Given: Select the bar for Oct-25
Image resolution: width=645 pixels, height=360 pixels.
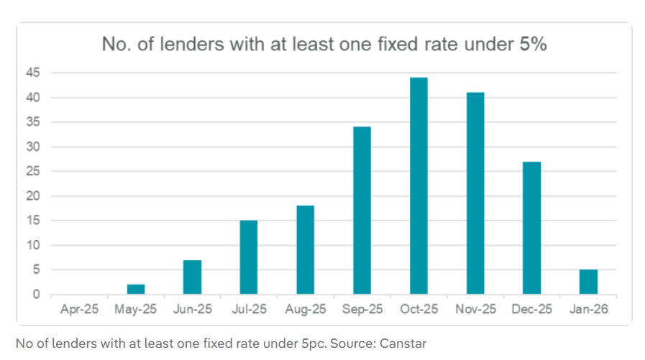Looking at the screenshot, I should (x=418, y=186).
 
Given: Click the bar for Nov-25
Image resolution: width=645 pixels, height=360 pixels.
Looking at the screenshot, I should (x=475, y=193).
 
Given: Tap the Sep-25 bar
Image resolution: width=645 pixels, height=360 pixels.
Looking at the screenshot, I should (x=362, y=211).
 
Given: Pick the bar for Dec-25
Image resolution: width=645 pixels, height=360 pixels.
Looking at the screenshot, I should (x=531, y=228).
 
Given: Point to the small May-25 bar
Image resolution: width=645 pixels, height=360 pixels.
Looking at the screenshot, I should (x=136, y=289).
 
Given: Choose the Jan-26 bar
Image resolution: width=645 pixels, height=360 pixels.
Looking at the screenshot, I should (x=588, y=282).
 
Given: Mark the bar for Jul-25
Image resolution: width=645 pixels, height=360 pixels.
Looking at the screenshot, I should (x=249, y=257).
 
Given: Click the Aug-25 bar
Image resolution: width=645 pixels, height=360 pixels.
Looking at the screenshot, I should (x=306, y=250).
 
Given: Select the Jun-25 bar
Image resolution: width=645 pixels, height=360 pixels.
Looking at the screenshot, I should (x=192, y=277).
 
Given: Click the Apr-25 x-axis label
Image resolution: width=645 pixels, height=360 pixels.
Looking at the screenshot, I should (x=79, y=309).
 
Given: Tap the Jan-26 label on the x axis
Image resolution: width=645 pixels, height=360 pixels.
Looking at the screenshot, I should (x=588, y=309).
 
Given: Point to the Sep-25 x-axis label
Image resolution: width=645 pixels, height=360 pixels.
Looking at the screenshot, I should (x=362, y=309).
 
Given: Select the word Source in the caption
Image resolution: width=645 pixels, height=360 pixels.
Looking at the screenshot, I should (x=350, y=343).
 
